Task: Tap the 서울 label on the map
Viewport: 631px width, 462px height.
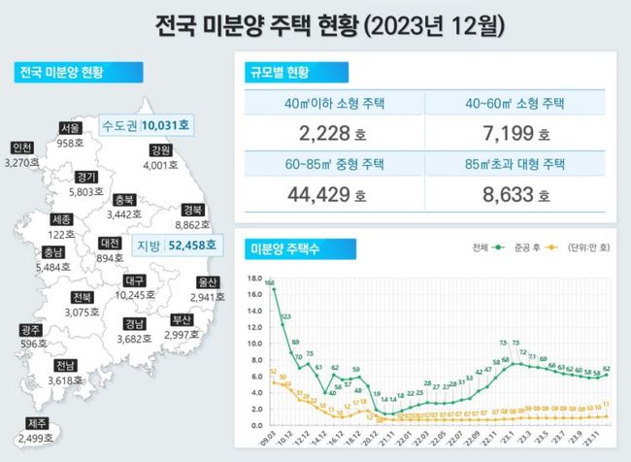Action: tap(69, 127)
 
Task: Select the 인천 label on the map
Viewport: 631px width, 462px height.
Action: tap(21, 148)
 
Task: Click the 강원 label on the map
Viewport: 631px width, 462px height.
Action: tap(161, 150)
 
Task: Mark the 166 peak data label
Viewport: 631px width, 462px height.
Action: tap(269, 283)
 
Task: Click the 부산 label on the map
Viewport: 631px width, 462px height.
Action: tap(182, 319)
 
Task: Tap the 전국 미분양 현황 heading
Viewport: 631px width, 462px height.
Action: tap(61, 72)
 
